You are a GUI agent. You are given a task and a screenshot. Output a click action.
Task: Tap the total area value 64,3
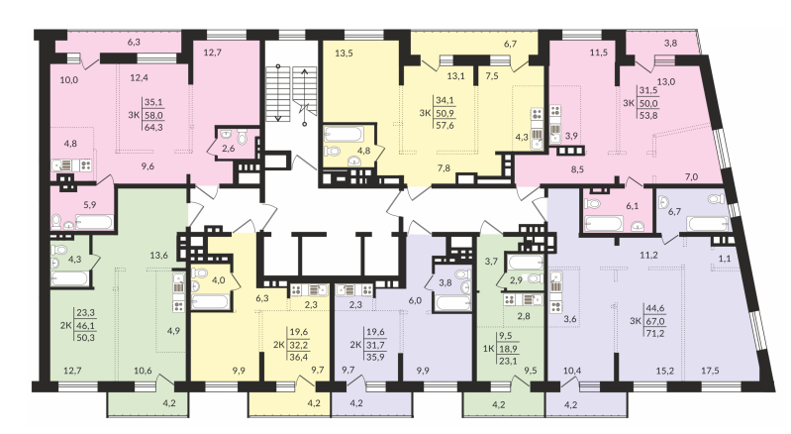tap(153, 128)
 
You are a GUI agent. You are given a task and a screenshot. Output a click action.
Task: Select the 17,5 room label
tap(710, 371)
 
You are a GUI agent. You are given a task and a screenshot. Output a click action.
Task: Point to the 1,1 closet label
tap(725, 259)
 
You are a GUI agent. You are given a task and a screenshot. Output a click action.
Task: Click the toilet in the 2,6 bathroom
tap(243, 137)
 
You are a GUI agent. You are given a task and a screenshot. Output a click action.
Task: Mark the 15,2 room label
tap(666, 371)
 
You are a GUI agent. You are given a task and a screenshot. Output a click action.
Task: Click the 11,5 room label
tap(599, 53)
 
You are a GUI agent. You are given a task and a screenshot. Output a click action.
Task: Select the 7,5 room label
tap(492, 75)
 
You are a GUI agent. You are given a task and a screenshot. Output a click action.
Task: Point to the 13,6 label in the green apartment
tap(159, 256)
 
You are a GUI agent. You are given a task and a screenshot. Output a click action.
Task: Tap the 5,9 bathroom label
tap(90, 205)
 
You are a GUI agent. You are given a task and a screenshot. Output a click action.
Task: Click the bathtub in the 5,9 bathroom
tap(94, 222)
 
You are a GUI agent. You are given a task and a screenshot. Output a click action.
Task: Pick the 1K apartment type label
tap(488, 348)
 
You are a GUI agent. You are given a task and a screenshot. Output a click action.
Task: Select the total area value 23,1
tap(507, 361)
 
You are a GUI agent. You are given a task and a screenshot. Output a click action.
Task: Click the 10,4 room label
tap(572, 371)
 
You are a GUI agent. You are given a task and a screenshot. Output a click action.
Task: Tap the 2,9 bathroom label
tap(516, 279)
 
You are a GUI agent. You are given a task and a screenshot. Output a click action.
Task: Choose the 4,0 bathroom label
tap(219, 280)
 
